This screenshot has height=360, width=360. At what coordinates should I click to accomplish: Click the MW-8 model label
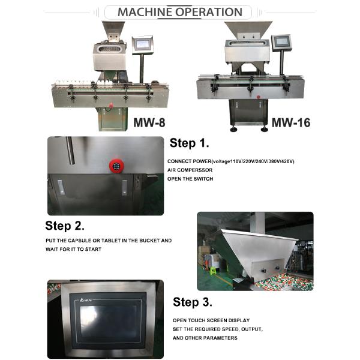[x=149, y=122]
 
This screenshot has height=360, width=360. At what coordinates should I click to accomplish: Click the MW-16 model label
[x=291, y=122]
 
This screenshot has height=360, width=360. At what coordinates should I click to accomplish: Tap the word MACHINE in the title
[x=145, y=12]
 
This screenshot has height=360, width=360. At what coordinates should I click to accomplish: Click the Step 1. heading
[x=189, y=143]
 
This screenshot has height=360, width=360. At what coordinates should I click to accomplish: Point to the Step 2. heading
[x=65, y=226]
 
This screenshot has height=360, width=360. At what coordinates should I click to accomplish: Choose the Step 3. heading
[x=193, y=302]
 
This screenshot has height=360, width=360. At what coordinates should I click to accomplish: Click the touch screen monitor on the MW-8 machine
[x=143, y=45]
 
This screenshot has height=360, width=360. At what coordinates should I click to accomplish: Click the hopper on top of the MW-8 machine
[x=113, y=31]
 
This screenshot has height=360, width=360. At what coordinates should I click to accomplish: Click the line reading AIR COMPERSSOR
[x=190, y=170]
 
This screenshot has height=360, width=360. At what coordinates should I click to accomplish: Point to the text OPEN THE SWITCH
[x=190, y=179]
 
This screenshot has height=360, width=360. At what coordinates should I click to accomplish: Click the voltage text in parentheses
[x=253, y=161]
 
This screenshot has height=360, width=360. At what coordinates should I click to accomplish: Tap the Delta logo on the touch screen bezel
[x=86, y=300]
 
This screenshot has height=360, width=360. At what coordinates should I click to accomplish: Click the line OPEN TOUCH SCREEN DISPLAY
[x=211, y=320]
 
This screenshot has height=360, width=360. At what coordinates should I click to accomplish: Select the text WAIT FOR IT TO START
[x=73, y=249]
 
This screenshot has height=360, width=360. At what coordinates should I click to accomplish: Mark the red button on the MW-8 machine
[x=111, y=106]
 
